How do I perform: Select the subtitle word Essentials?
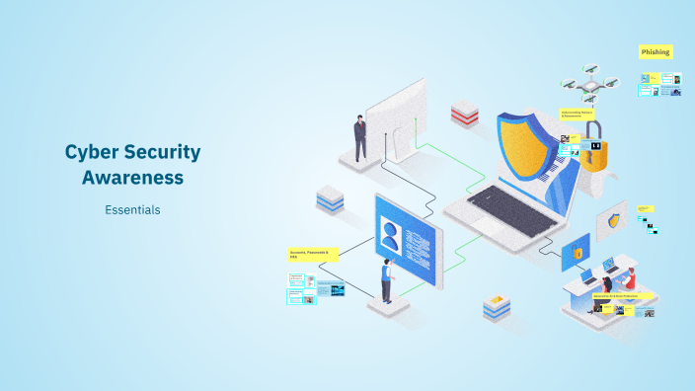[x=132, y=209]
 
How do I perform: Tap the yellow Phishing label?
[x=656, y=51]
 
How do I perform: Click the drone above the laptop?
[x=588, y=86]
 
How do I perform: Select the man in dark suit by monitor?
[x=360, y=136]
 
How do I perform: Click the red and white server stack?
[x=465, y=113]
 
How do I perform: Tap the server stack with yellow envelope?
[x=497, y=309]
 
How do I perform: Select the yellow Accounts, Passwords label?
[x=312, y=254]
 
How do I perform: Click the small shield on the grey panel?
[x=614, y=220]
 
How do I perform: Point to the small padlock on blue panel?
[x=578, y=254]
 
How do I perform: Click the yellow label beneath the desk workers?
[x=623, y=295]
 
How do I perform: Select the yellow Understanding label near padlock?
[x=579, y=114]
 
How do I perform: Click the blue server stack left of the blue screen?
[x=329, y=200]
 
